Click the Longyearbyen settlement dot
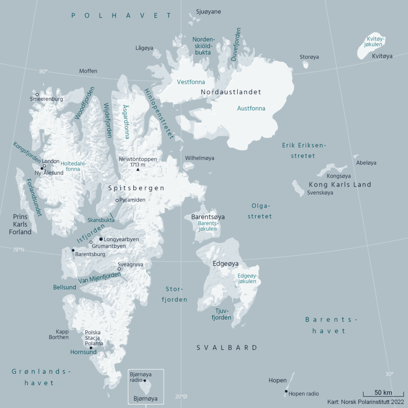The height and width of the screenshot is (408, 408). point(101,239)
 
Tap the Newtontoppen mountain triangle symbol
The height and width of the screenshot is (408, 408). point(138,170)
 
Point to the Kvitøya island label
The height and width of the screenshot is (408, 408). point(382,56)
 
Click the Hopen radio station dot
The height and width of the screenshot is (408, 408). point(286,391)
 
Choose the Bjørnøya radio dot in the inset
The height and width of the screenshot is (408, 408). point(145,381)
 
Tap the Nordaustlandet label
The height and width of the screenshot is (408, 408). point(231,92)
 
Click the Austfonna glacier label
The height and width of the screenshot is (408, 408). point(251,108)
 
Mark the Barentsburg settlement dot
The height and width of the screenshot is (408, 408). point(73,250)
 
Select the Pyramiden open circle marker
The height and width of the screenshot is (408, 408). point(117,200)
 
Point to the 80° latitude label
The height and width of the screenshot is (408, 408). point(43,71)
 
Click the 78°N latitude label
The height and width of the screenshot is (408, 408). point(18,250)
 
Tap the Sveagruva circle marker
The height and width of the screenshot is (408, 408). point(119,269)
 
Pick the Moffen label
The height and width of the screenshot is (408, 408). point(88,71)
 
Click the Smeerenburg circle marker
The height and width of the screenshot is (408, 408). point(37,95)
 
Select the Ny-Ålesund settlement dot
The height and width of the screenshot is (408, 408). point(42,169)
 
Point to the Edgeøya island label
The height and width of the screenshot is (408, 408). point(226,263)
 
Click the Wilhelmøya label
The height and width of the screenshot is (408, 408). point(199,158)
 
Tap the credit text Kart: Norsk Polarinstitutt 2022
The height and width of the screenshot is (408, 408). point(366,402)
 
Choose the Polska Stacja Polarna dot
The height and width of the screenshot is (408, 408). point(91,348)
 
